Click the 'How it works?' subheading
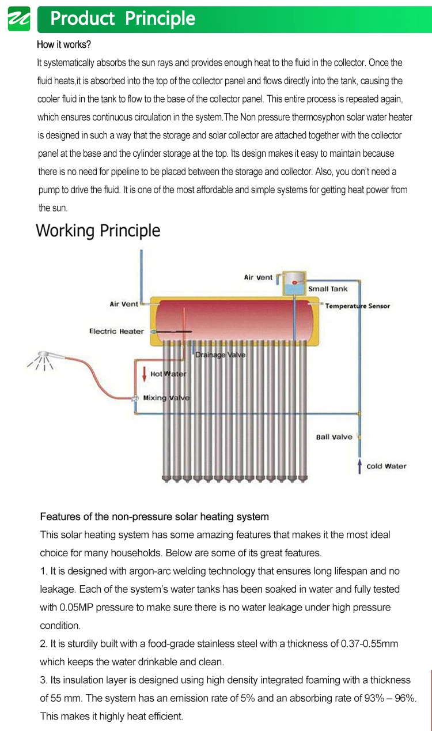pos(64,44)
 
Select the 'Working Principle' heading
pos(98,231)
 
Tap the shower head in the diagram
pos(42,358)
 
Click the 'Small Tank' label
pos(328,289)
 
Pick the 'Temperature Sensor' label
pos(357,306)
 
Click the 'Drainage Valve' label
pos(220,355)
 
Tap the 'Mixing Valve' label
pos(166,398)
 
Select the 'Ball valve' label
pos(334,437)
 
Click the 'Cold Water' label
pos(386,466)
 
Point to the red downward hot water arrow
pos(144,374)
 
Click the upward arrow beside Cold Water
pos(359,465)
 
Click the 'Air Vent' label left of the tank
pos(124,304)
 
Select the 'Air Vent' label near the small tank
pos(258,277)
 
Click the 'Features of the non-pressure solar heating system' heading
pos(154,517)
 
